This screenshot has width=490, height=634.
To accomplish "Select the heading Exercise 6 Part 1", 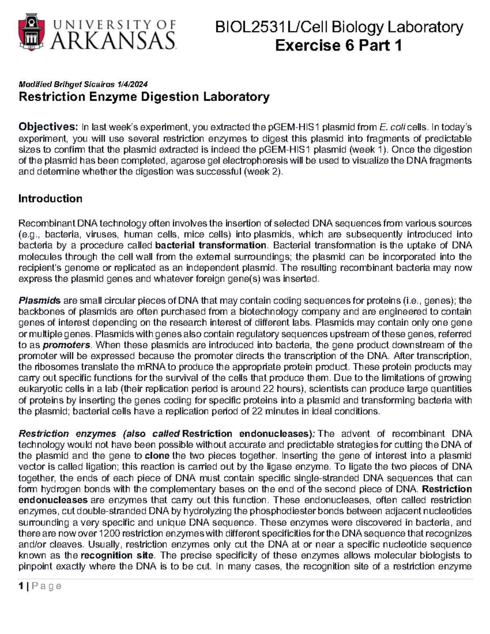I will click(x=339, y=45).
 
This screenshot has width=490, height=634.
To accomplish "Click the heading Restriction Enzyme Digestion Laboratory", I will click(x=144, y=97).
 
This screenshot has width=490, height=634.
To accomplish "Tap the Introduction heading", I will click(x=50, y=199).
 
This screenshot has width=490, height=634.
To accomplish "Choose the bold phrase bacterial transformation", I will click(x=211, y=245).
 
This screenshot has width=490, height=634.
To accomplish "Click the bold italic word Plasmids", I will click(x=39, y=301).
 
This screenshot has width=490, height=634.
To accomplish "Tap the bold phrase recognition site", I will click(x=117, y=555).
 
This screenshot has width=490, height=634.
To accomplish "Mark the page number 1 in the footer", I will click(x=21, y=586).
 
